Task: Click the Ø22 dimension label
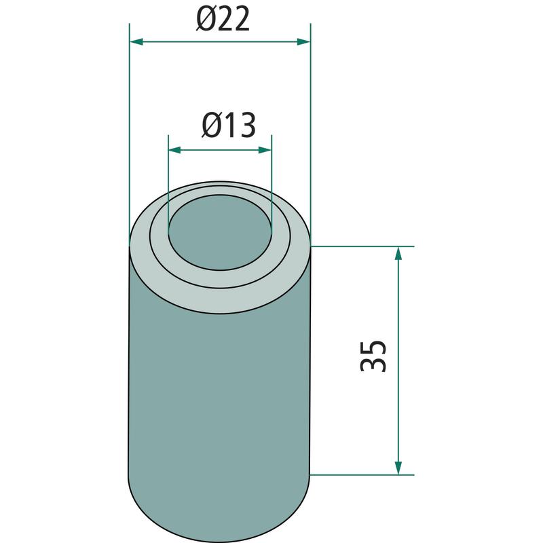(223, 20)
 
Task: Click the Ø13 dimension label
(229, 125)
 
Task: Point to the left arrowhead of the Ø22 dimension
(136, 42)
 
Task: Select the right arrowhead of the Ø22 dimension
(303, 42)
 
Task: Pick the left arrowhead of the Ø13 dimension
(175, 150)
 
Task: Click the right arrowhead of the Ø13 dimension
(265, 150)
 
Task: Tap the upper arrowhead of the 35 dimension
(398, 253)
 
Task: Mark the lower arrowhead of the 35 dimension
(398, 468)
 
